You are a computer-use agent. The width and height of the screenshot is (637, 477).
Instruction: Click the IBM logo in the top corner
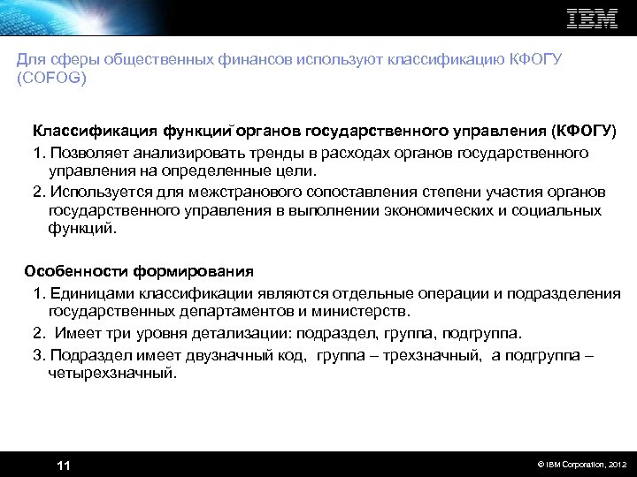(x=592, y=19)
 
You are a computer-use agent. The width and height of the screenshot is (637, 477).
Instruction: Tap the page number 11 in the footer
(x=63, y=466)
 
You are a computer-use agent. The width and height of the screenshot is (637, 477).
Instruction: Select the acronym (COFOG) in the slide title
(x=51, y=77)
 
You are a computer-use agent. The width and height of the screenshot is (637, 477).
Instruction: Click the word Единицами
(x=88, y=293)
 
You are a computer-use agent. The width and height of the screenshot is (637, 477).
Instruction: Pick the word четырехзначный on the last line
(x=111, y=374)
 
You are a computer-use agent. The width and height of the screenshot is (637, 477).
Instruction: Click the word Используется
(x=97, y=191)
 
